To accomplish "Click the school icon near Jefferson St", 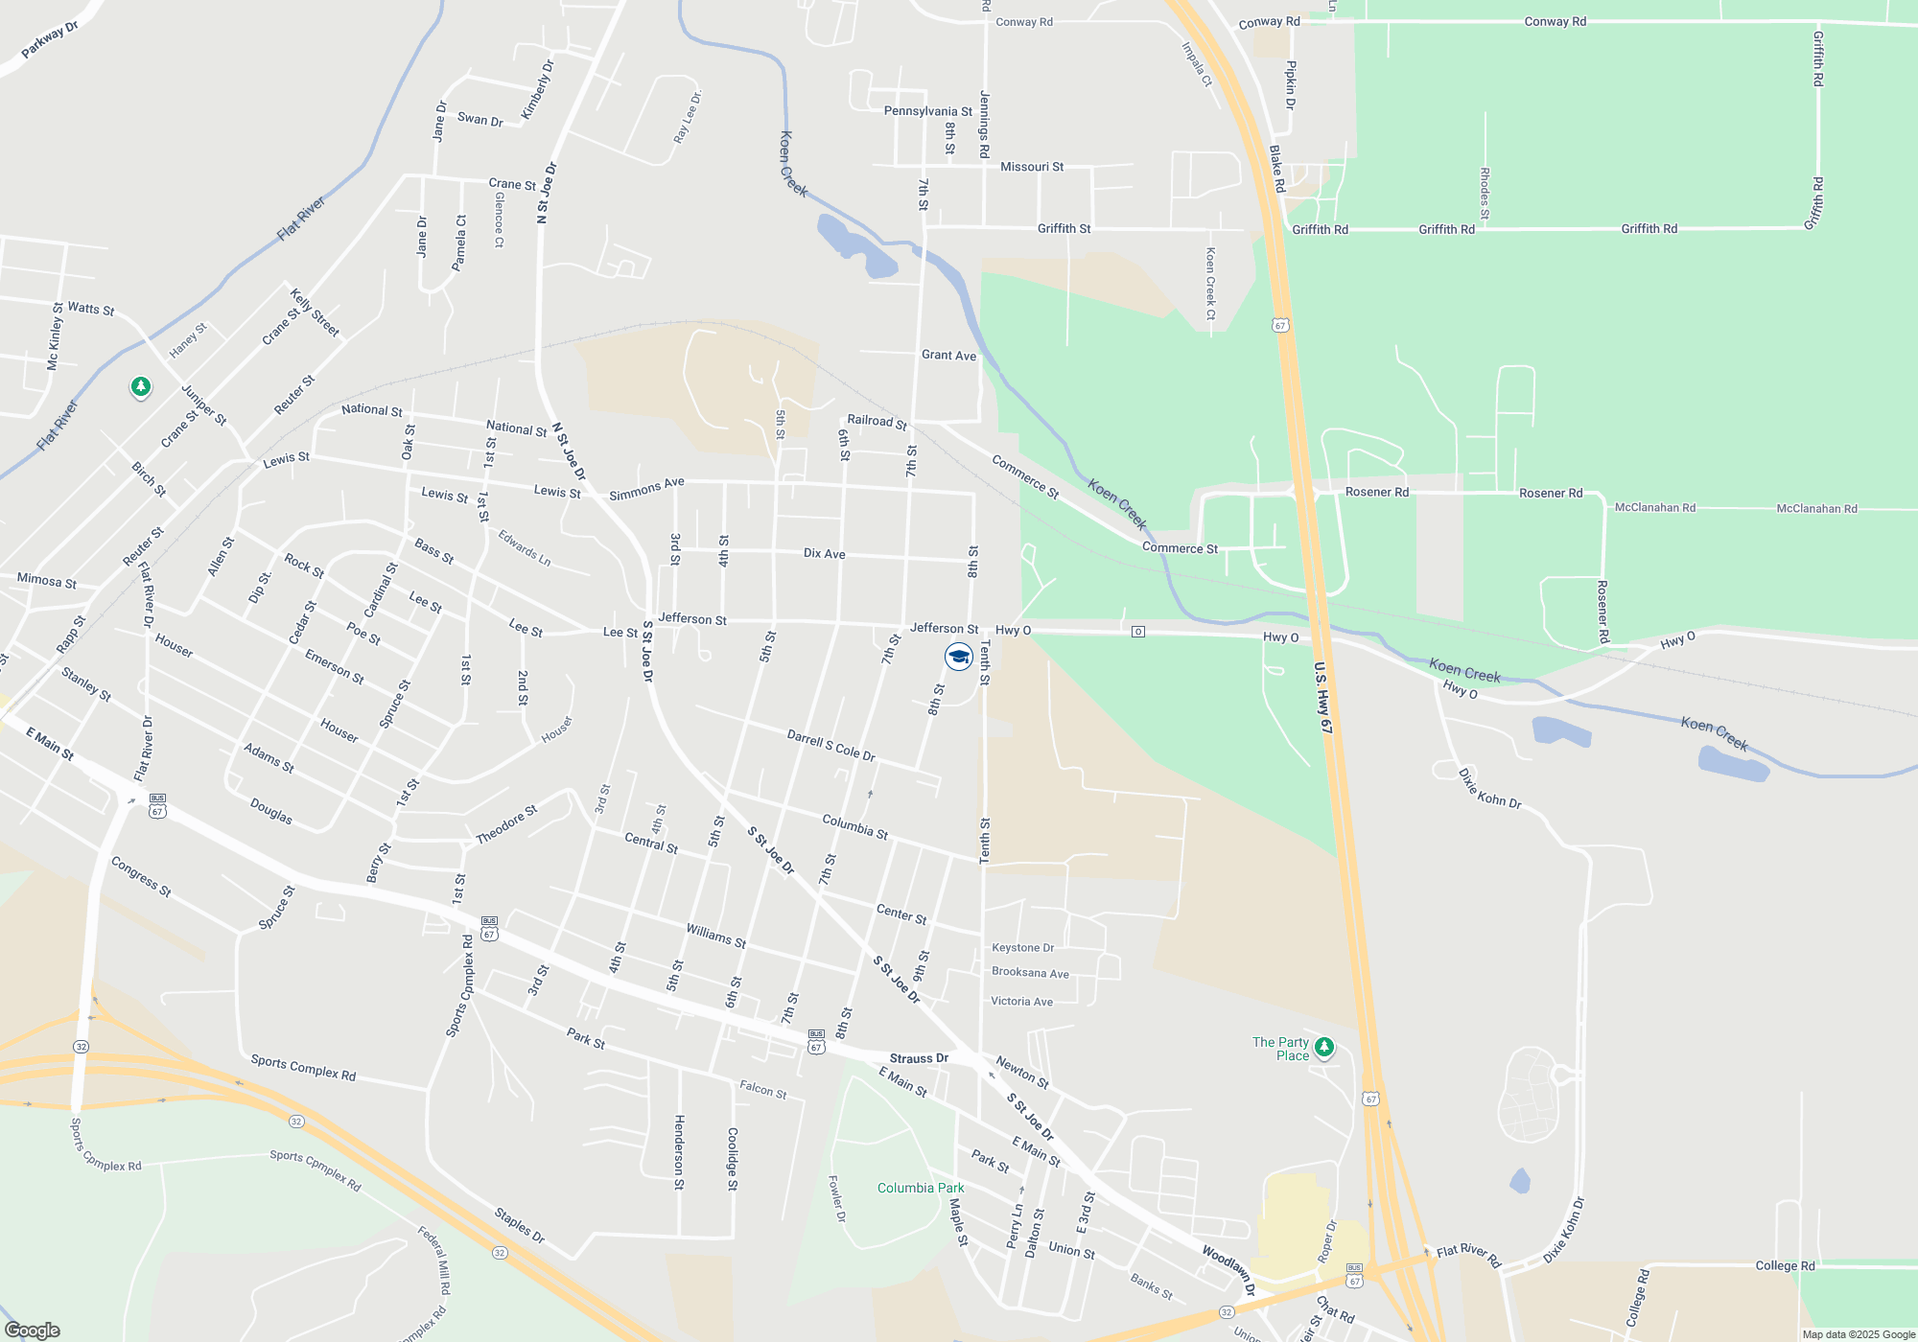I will pos(958,657).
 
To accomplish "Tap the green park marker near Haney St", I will pos(141,387).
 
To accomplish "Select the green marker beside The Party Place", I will pos(1324,1047).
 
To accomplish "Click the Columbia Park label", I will pos(921,1188).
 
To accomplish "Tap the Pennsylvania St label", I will pos(927,111).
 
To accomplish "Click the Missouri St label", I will pos(1032,167).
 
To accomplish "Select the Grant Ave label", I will pos(948,355).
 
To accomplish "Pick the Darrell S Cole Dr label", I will pos(830,746).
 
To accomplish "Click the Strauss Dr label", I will pos(919,1058).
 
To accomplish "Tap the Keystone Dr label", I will pos(1022,948).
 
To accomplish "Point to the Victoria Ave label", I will pos(1021,1002).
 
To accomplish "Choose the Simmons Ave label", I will pos(646,489).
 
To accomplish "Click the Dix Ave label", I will pos(824,554).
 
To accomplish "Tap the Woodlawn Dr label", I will pos(1228,1271).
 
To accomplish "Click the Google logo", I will pos(33,1330).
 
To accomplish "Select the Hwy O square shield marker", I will pos(1138,632).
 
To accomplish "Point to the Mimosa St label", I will pos(46,581).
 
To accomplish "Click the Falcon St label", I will pos(762,1089).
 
